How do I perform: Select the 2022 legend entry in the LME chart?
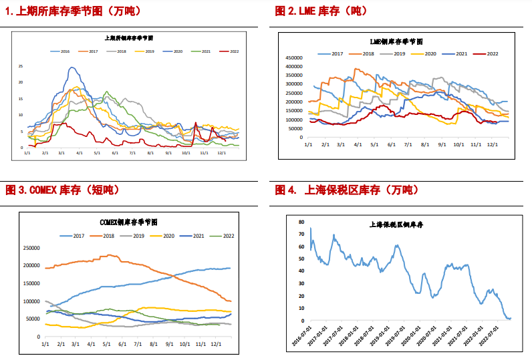pyautogui.click(x=492, y=53)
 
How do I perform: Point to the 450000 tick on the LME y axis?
pyautogui.click(x=293, y=57)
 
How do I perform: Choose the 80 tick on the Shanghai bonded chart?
pyautogui.click(x=301, y=221)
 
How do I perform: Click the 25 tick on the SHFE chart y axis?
pyautogui.click(x=21, y=66)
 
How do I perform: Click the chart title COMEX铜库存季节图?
pyautogui.click(x=128, y=222)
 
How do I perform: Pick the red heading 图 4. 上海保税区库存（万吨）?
pyautogui.click(x=346, y=190)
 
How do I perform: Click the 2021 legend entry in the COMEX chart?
pyautogui.click(x=198, y=236)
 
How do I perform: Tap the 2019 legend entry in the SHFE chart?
pyautogui.click(x=149, y=51)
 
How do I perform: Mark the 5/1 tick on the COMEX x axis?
pyautogui.click(x=106, y=344)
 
